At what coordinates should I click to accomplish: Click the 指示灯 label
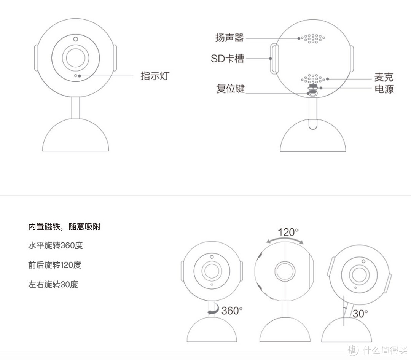click(155, 76)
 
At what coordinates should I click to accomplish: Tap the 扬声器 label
click(229, 38)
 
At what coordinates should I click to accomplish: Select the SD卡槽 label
click(227, 58)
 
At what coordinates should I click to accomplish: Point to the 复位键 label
click(230, 89)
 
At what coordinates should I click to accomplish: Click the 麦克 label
click(384, 77)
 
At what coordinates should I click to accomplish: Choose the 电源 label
click(384, 89)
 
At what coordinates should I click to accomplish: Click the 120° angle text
click(288, 232)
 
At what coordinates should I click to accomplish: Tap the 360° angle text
click(232, 311)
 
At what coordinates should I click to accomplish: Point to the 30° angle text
click(360, 314)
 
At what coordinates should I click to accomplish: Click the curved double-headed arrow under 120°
click(285, 239)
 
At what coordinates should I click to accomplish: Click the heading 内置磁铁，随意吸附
click(64, 226)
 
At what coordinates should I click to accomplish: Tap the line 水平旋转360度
click(56, 245)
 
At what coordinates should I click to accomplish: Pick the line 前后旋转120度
click(55, 265)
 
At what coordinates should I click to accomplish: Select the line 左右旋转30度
click(53, 284)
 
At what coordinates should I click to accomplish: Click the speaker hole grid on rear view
click(313, 38)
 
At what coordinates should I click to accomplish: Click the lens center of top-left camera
click(75, 58)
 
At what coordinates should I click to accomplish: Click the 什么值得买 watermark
click(378, 350)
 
